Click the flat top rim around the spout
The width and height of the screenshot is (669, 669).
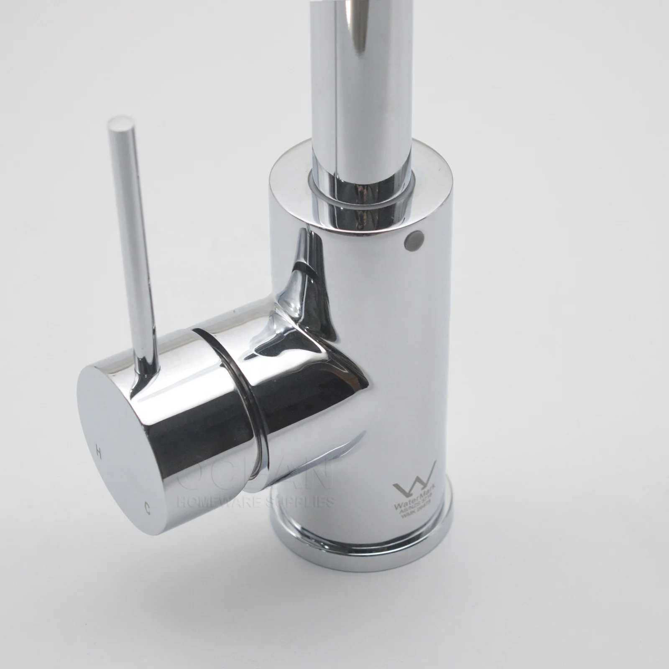tap(293, 176)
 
